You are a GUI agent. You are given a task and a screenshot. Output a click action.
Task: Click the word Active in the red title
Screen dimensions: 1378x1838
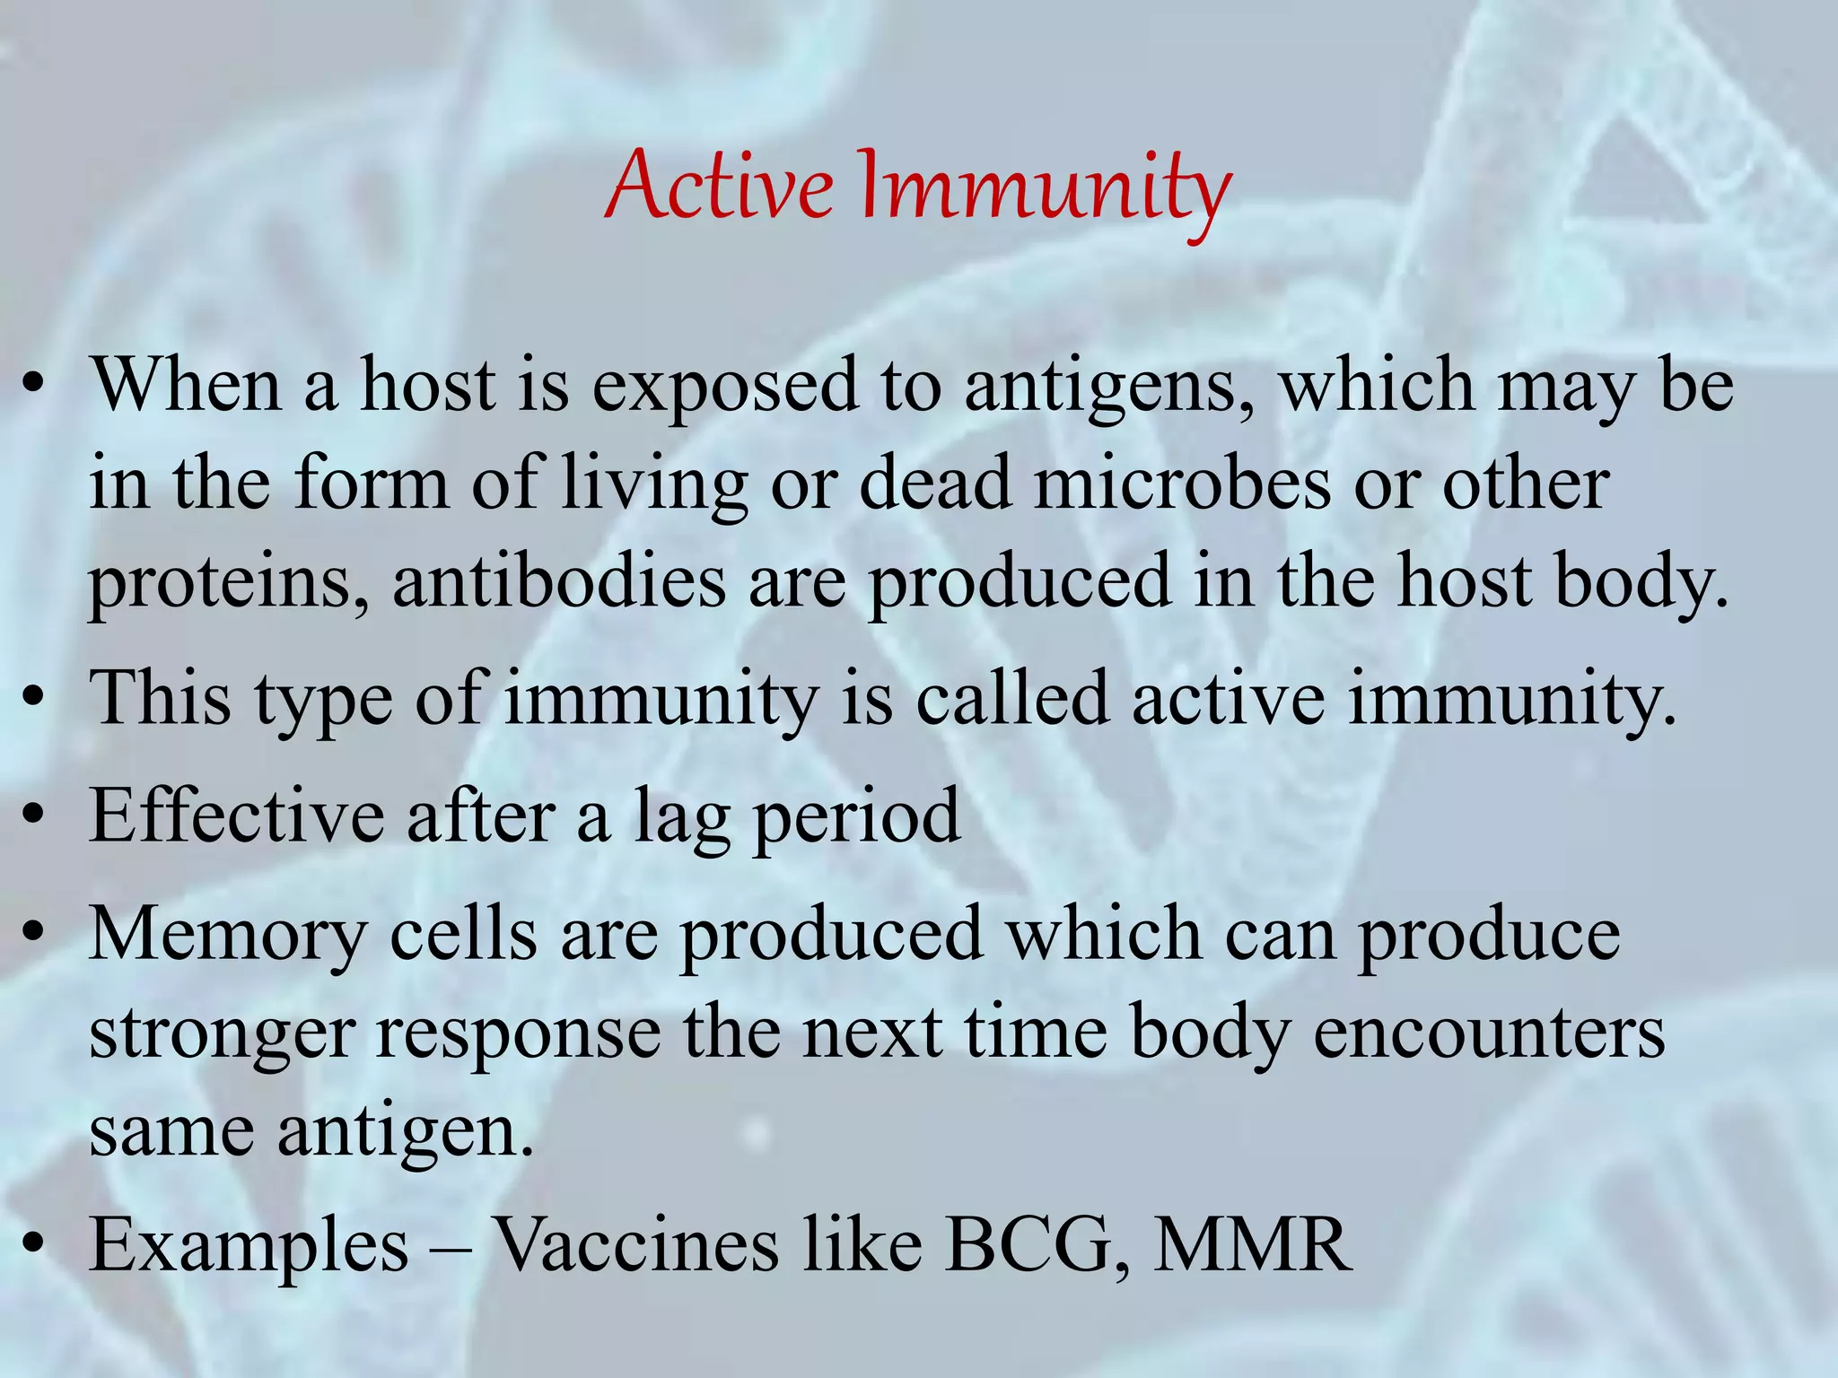(721, 187)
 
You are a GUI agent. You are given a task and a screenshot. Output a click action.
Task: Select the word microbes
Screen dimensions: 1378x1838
(1182, 484)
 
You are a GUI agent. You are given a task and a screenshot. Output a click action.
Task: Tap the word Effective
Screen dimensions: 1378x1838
(235, 815)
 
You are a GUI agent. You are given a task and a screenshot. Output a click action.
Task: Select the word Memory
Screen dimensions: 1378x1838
(228, 937)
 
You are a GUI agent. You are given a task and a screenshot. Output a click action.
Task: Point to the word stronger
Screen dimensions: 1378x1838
(222, 1034)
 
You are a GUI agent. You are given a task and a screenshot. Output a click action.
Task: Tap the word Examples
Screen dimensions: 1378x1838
(249, 1247)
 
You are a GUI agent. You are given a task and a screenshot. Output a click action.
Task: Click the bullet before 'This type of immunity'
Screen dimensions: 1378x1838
(33, 699)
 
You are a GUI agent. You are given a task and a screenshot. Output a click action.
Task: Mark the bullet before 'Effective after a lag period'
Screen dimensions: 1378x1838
(33, 815)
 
